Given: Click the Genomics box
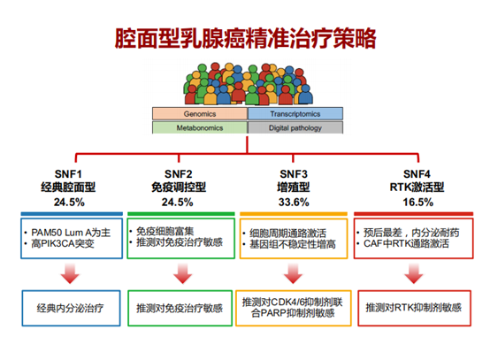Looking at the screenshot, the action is (x=200, y=114).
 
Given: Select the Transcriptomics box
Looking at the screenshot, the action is (x=295, y=114).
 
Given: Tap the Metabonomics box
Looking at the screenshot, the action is (x=200, y=127).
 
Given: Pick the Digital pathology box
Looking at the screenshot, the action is (x=295, y=127).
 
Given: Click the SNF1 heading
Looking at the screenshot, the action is (x=68, y=173).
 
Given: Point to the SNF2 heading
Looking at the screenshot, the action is (x=179, y=173).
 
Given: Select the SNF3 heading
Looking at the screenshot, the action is (x=294, y=173).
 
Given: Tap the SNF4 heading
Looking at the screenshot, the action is (x=417, y=173).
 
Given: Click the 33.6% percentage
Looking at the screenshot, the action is (x=294, y=203).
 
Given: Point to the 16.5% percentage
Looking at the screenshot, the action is (x=417, y=203).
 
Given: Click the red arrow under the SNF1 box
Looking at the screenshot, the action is (x=70, y=273).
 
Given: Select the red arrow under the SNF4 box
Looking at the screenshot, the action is (x=413, y=273).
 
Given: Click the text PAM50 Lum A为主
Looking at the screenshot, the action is (x=71, y=233).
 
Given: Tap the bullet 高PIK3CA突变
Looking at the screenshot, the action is (x=63, y=244).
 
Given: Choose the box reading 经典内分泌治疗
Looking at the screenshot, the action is (x=71, y=308).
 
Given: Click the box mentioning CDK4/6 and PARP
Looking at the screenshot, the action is (x=294, y=308).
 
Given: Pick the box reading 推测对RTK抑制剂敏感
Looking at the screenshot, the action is (x=414, y=308).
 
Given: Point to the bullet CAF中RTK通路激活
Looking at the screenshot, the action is (x=406, y=243).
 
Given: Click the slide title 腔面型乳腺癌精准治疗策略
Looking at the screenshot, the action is (x=245, y=39).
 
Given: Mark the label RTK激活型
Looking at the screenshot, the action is (x=417, y=188).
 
